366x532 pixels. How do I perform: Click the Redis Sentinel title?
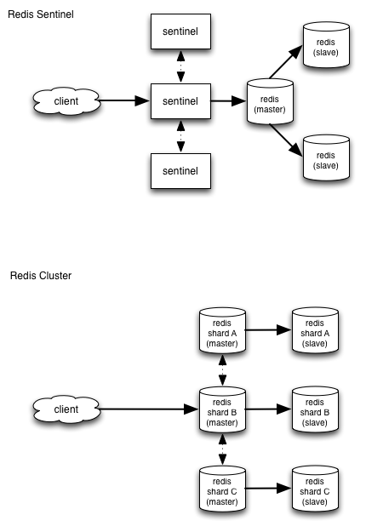pyautogui.click(x=41, y=14)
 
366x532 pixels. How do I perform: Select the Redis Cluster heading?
pyautogui.click(x=41, y=276)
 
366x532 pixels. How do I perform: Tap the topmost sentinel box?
pyautogui.click(x=180, y=31)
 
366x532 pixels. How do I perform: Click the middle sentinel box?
pyautogui.click(x=180, y=101)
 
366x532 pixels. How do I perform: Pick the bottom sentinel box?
pyautogui.click(x=180, y=171)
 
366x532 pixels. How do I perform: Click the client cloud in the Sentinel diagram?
pyautogui.click(x=66, y=101)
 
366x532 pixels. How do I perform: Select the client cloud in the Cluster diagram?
pyautogui.click(x=66, y=409)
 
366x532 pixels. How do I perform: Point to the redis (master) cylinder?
pyautogui.click(x=270, y=101)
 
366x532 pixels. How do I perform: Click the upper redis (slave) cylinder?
pyautogui.click(x=326, y=45)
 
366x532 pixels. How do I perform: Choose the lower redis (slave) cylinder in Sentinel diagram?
pyautogui.click(x=326, y=157)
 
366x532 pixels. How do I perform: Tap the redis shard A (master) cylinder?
pyautogui.click(x=222, y=330)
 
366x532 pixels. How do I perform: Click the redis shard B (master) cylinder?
pyautogui.click(x=222, y=409)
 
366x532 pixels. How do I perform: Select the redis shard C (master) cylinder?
pyautogui.click(x=222, y=489)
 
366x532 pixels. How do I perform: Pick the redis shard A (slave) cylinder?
pyautogui.click(x=315, y=330)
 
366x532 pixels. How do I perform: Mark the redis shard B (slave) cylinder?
pyautogui.click(x=315, y=409)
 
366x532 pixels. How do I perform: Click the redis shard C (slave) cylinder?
pyautogui.click(x=315, y=489)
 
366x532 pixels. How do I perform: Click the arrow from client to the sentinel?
pyautogui.click(x=124, y=100)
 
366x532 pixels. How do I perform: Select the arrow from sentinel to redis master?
pyautogui.click(x=229, y=100)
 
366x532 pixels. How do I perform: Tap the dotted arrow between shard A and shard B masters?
pyautogui.click(x=222, y=370)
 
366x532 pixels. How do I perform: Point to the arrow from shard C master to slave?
pyautogui.click(x=268, y=489)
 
